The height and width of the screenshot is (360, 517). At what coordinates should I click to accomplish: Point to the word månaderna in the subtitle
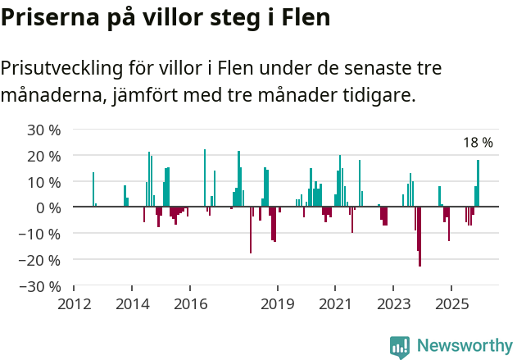(x=50, y=95)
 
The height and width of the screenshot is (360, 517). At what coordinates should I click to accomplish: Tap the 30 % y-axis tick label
(x=44, y=130)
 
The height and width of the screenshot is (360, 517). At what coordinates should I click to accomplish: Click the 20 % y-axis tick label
(x=44, y=156)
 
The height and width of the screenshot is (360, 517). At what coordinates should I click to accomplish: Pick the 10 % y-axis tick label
(x=44, y=182)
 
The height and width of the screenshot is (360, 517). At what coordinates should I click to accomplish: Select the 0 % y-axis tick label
(x=48, y=208)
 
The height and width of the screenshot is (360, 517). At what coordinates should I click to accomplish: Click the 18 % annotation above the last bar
(x=478, y=143)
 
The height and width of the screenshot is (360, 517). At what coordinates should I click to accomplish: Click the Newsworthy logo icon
(x=400, y=346)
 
